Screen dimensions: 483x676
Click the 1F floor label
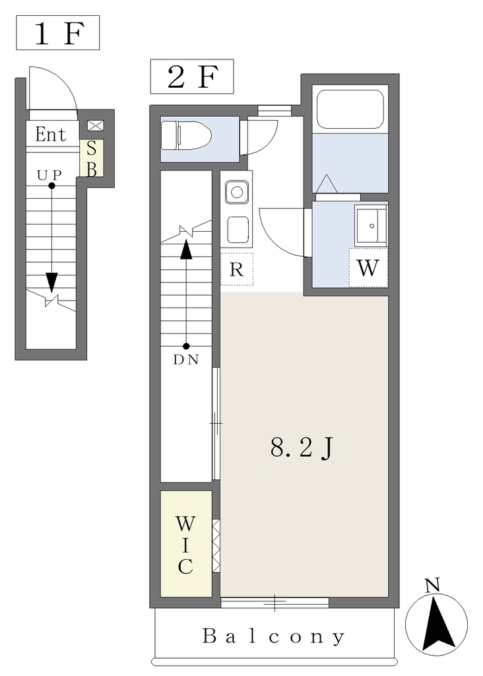pos(58,33)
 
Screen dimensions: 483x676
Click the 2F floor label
pos(192,77)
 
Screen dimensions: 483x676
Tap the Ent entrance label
pos(51,134)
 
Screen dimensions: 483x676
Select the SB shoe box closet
pos(91,158)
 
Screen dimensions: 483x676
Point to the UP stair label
pos(49,175)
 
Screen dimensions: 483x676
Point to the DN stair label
pos(186,359)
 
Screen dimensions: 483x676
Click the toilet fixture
pos(186,135)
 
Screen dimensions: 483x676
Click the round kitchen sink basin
pos(236,191)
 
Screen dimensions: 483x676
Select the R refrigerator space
pos(236,269)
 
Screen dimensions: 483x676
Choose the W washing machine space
pos(368,268)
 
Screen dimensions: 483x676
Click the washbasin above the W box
pos(371,225)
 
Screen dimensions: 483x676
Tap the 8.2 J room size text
pos(302,448)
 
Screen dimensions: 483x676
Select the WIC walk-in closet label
pos(185,545)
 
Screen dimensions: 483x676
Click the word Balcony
pos(274,636)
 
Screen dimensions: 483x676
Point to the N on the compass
pos(432,585)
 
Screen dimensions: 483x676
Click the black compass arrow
pos(438,623)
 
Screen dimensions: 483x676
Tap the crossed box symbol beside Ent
pos(96,125)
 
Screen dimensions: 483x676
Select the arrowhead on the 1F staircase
pos(51,283)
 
